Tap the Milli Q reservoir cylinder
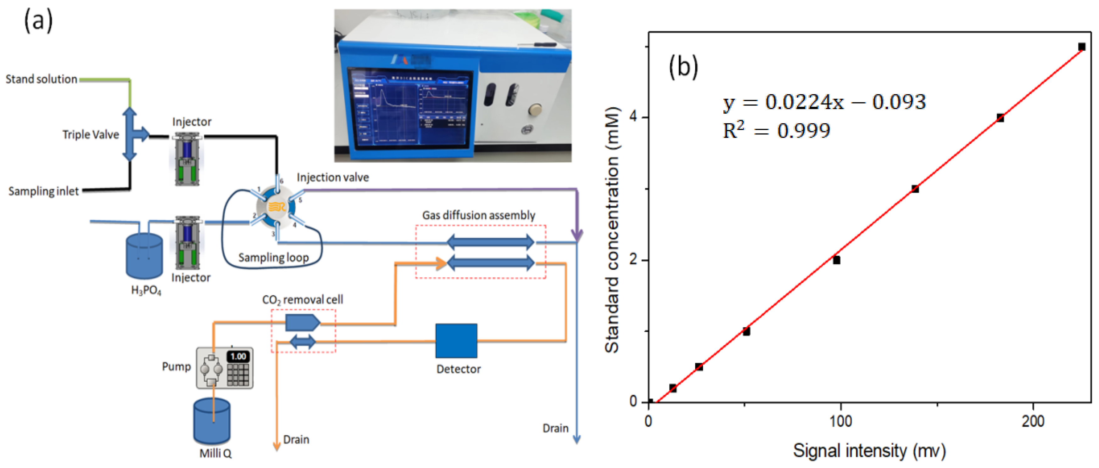pyautogui.click(x=212, y=421)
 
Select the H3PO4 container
pyautogui.click(x=144, y=256)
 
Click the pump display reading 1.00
pyautogui.click(x=238, y=356)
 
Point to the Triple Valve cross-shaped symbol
pyautogui.click(x=131, y=134)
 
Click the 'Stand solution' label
pyautogui.click(x=42, y=79)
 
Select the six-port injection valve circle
pyautogui.click(x=276, y=207)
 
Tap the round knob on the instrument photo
pyautogui.click(x=534, y=110)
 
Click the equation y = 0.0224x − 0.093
pyautogui.click(x=824, y=102)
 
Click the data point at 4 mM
pyautogui.click(x=1000, y=118)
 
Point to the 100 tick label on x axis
pyautogui.click(x=840, y=421)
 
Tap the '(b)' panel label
pyautogui.click(x=683, y=67)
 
